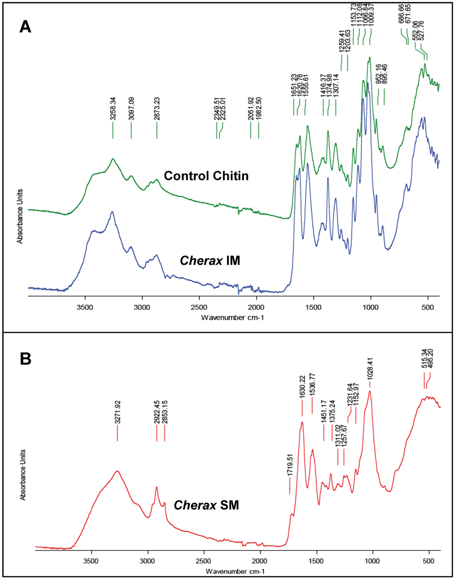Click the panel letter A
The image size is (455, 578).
25,27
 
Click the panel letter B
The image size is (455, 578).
25,359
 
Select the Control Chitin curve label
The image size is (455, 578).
206,176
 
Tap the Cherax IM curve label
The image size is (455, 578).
210,260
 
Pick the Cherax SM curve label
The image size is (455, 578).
206,505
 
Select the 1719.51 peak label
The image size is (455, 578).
290,465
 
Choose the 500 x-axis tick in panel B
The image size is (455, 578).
429,561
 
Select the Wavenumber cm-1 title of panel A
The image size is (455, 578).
232,318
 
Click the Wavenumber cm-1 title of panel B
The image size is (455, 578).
235,571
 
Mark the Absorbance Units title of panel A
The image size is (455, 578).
20,216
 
